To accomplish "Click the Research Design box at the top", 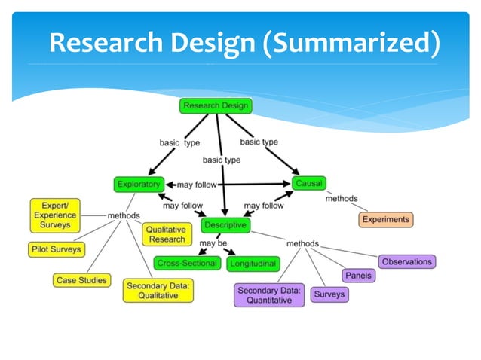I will pos(215,105).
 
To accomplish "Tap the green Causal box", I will pos(308,183).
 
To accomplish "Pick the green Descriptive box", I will pos(224,225).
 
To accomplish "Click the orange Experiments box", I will pos(385,220).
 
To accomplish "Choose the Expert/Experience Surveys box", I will pos(55,215).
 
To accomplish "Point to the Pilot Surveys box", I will pos(56,249).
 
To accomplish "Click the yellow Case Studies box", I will pos(81,280).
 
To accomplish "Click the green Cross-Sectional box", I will pos(187,264).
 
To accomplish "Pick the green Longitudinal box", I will pos(253,264).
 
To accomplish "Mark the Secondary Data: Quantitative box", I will pos(269,294).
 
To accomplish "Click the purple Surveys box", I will pos(329,294).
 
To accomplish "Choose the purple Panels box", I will pos(358,276).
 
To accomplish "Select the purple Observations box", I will pos(406,261).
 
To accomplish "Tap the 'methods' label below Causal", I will pos(341,199).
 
